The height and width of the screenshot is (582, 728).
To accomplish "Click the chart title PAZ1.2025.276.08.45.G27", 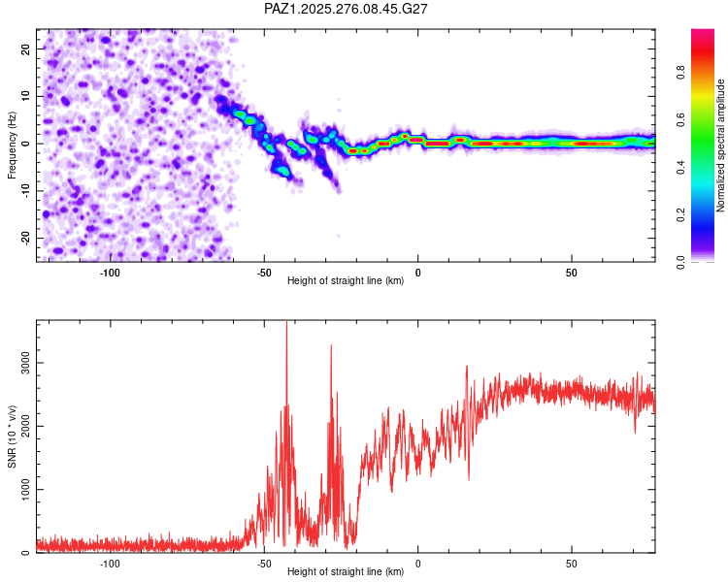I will [x=347, y=9].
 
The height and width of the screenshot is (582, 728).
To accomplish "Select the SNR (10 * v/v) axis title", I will [x=12, y=437].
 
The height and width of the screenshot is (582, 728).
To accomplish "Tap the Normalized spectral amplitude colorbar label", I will [x=720, y=145].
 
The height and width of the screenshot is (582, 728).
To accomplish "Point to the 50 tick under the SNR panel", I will [x=572, y=564].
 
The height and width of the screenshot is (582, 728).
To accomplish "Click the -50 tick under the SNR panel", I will [x=263, y=564].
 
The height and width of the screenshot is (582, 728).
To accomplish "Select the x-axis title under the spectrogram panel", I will [x=346, y=281].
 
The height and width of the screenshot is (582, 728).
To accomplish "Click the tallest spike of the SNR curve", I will [x=286, y=324].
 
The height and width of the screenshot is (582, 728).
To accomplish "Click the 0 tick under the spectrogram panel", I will [x=417, y=273].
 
